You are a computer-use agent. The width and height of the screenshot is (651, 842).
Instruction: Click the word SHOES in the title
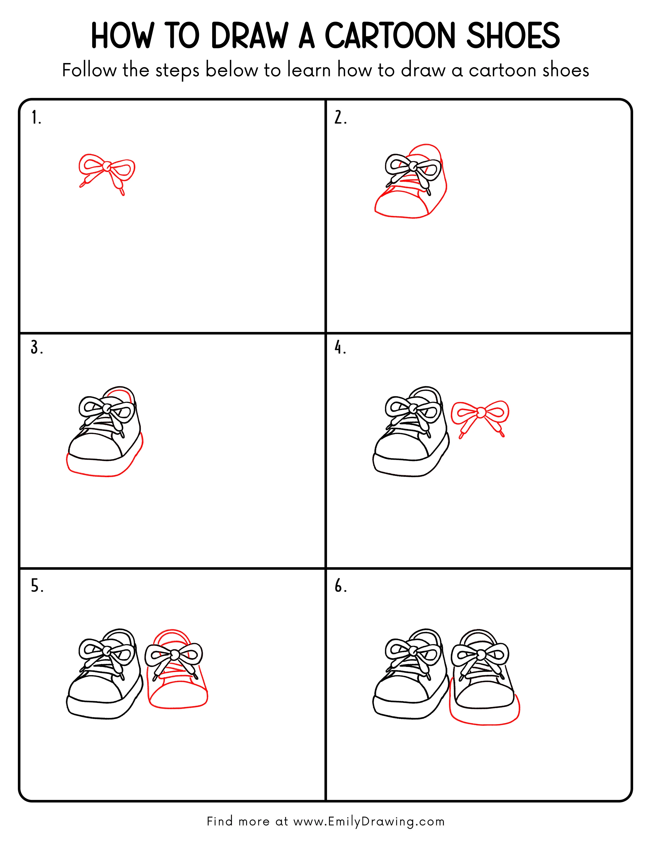tap(513, 36)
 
